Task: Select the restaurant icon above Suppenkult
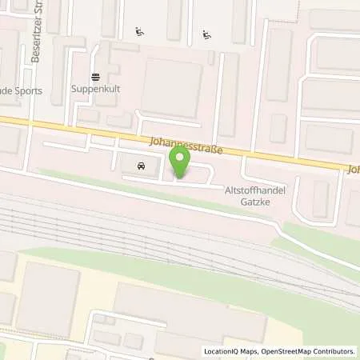coord(95,77)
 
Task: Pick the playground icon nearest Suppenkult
coord(139,33)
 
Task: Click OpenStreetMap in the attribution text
coord(289,351)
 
